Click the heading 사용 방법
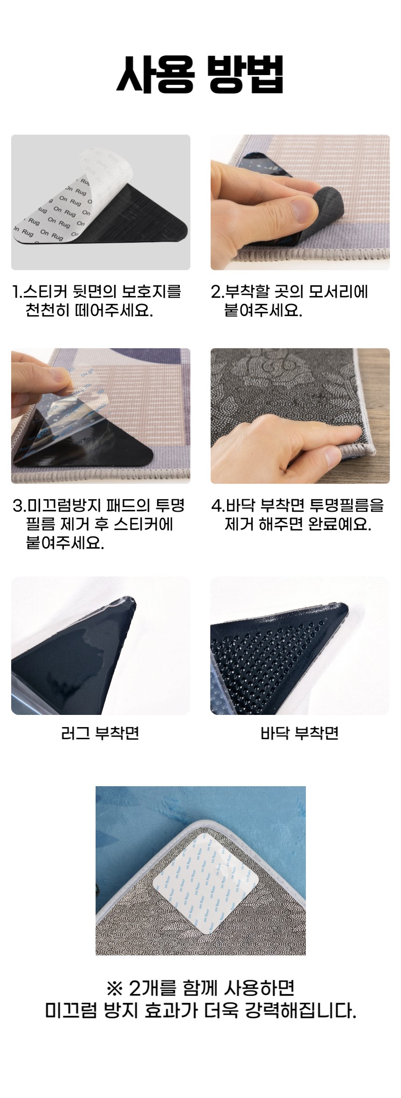[200, 75]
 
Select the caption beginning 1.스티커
[97, 301]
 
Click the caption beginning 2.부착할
[290, 301]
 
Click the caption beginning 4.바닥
[298, 515]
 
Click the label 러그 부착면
[100, 733]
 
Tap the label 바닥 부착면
[299, 733]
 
